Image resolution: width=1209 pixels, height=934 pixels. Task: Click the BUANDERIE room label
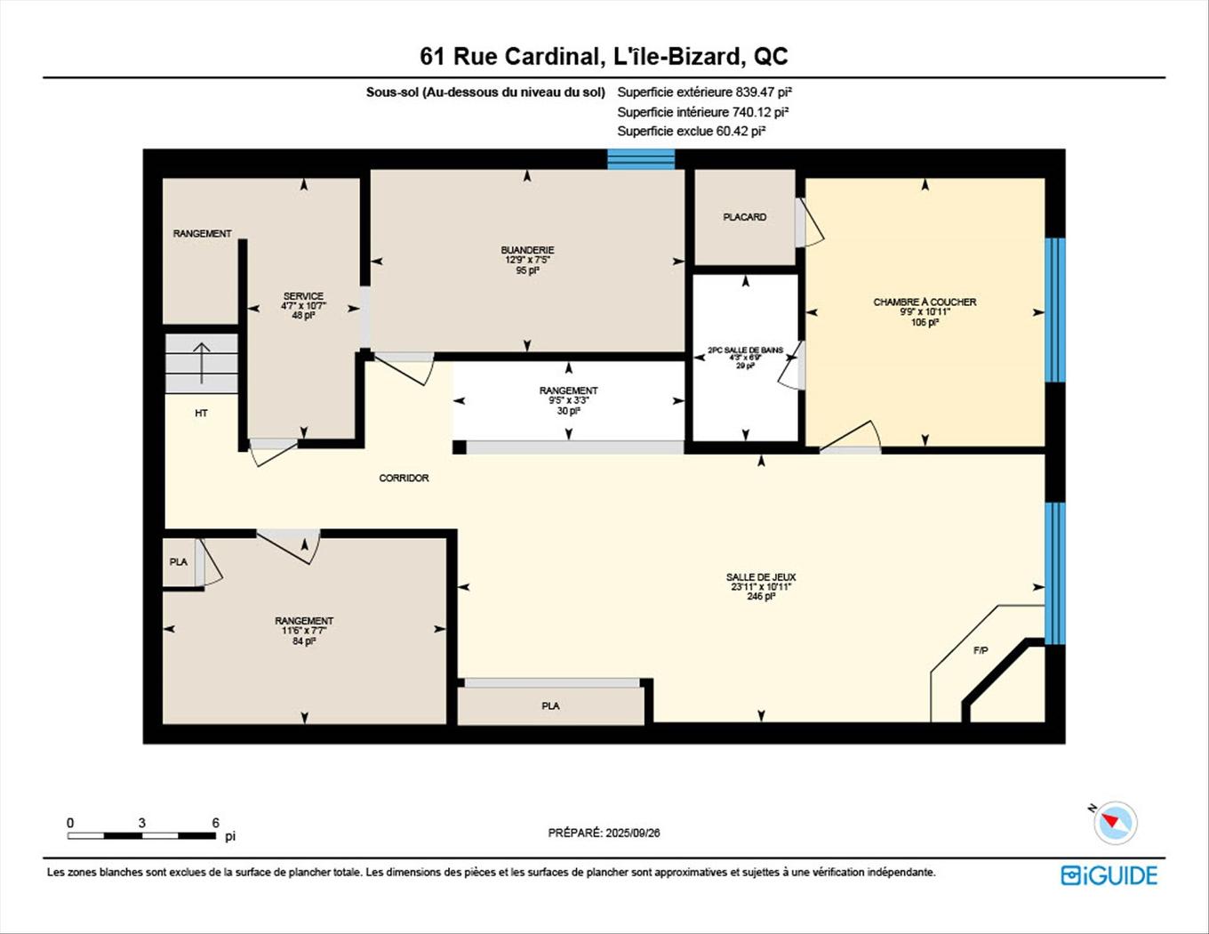[x=527, y=250]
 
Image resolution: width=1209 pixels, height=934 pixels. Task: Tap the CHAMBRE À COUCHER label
[x=925, y=302]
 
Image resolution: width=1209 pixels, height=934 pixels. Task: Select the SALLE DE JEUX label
[x=760, y=577]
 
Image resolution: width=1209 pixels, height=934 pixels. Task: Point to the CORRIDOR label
[x=404, y=479]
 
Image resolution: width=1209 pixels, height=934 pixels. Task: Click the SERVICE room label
[x=303, y=296]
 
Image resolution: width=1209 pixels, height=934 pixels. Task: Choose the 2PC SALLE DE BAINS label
[x=745, y=350]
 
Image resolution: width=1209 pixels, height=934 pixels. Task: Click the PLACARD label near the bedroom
[x=744, y=217]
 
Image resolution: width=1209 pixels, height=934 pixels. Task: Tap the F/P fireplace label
[x=981, y=651]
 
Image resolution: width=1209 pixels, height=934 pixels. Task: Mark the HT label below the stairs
[x=201, y=414]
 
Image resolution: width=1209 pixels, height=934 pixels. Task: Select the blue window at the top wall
[x=641, y=159]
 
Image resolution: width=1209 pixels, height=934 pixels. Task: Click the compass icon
[x=1115, y=823]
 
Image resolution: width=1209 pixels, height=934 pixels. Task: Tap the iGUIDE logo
[x=1109, y=875]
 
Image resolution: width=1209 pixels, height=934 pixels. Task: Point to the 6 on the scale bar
[x=215, y=823]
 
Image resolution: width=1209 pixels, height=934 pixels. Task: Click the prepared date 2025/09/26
[x=632, y=833]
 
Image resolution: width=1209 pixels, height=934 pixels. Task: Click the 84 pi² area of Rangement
[x=304, y=641]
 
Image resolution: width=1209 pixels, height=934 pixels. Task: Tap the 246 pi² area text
[x=760, y=597]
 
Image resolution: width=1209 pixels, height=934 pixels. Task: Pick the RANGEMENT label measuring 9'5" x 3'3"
[x=568, y=391]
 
